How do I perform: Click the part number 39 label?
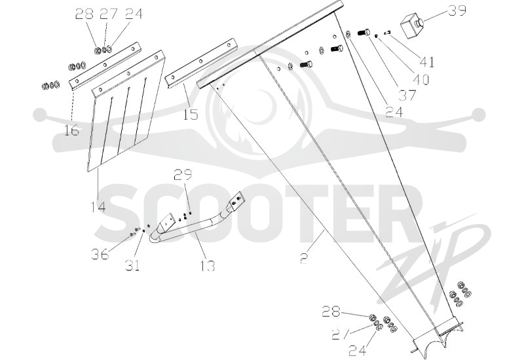457,10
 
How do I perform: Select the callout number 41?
427,62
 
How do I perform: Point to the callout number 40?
421,79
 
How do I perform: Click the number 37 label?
407,96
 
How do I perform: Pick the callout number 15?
191,115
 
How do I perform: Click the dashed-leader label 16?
71,130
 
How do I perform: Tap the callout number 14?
98,207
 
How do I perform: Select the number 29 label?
183,175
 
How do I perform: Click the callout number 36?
100,255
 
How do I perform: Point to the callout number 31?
132,266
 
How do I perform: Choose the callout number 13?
207,266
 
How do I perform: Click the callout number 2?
304,259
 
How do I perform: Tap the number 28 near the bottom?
331,312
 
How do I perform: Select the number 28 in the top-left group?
84,14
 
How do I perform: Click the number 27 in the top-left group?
109,14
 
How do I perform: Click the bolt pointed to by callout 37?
364,33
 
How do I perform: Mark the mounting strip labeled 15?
201,63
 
